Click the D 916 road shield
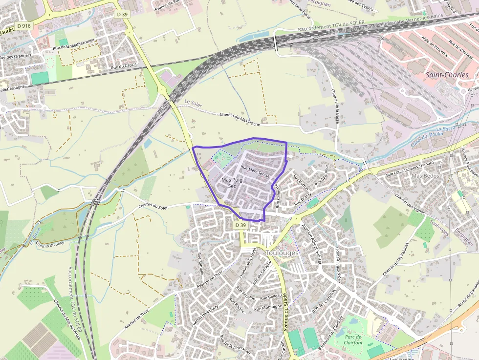click(x=23, y=25)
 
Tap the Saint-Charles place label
click(x=447, y=75)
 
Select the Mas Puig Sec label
click(x=232, y=183)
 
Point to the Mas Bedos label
click(x=424, y=175)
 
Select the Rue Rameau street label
click(x=199, y=263)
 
